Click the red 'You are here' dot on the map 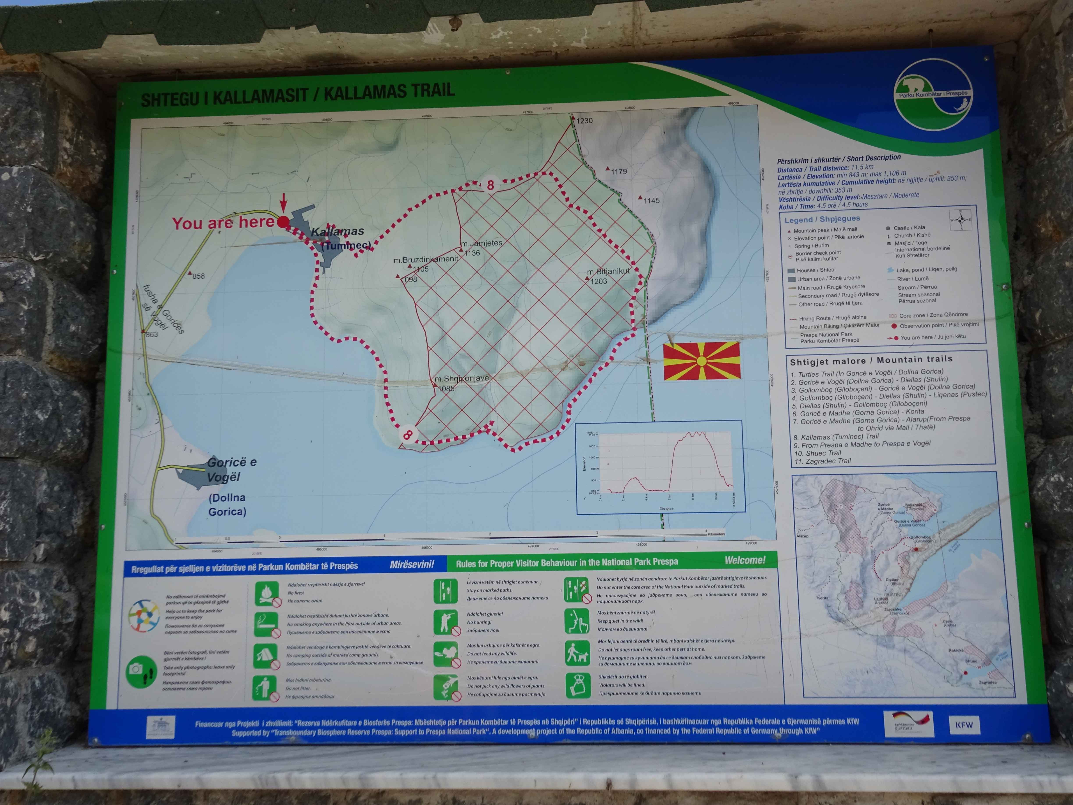click(283, 222)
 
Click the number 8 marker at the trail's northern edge click(490, 185)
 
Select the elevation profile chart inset click(659, 467)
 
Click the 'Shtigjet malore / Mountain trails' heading click(871, 360)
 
